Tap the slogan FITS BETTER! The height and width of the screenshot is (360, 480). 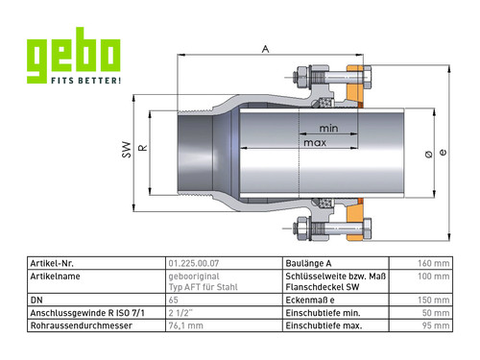(x=86, y=81)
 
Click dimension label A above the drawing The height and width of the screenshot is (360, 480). (x=266, y=49)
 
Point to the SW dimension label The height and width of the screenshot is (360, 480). (x=127, y=150)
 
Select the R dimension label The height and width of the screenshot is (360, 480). (x=143, y=148)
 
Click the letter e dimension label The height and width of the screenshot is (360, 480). (x=443, y=152)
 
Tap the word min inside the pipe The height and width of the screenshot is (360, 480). (x=328, y=129)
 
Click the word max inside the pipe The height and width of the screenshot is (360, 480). (x=315, y=143)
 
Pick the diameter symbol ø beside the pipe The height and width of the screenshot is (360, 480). (x=429, y=155)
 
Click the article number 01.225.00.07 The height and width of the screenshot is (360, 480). (x=194, y=263)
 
